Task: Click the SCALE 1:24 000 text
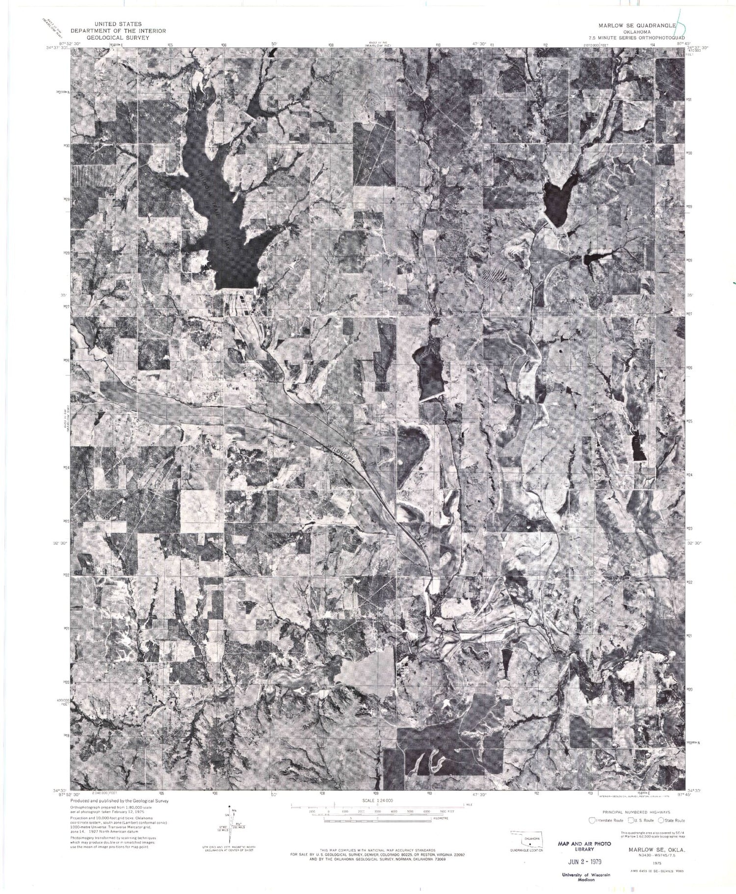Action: (x=377, y=800)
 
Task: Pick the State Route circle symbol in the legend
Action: (x=661, y=819)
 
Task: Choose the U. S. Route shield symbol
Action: (x=627, y=819)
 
